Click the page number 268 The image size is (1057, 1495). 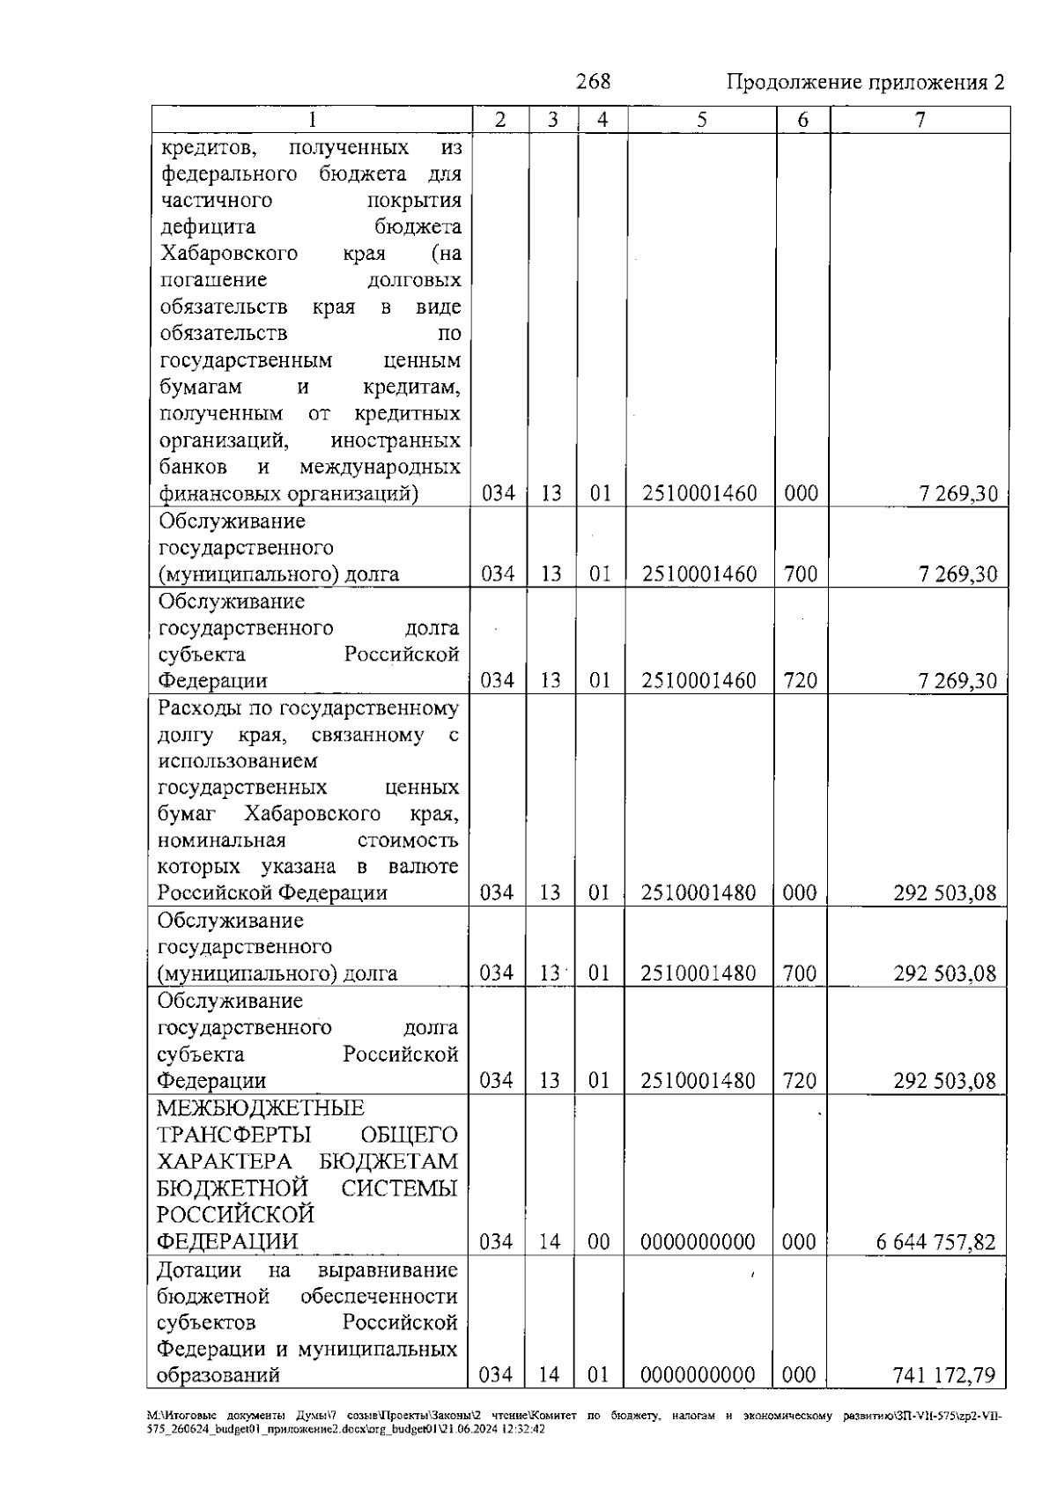point(592,82)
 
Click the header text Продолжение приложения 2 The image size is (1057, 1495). point(865,83)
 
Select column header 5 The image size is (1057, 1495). point(701,121)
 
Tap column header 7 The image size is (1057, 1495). point(920,121)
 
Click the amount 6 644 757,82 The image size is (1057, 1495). point(935,1242)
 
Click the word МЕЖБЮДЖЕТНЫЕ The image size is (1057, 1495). point(260,1108)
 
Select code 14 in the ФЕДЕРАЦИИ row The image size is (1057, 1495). point(550,1242)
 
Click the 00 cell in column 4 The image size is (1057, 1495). point(599,1242)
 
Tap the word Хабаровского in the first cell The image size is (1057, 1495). point(229,254)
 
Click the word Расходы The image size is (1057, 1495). point(196,707)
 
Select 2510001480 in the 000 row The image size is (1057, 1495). point(699,893)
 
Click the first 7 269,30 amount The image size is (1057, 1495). point(958,494)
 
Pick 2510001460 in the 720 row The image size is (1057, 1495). point(699,681)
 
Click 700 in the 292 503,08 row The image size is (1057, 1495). point(800,973)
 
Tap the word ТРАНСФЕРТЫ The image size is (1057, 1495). point(233,1136)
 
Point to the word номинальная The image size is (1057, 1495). point(222,840)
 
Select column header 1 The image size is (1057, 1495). point(311,121)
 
